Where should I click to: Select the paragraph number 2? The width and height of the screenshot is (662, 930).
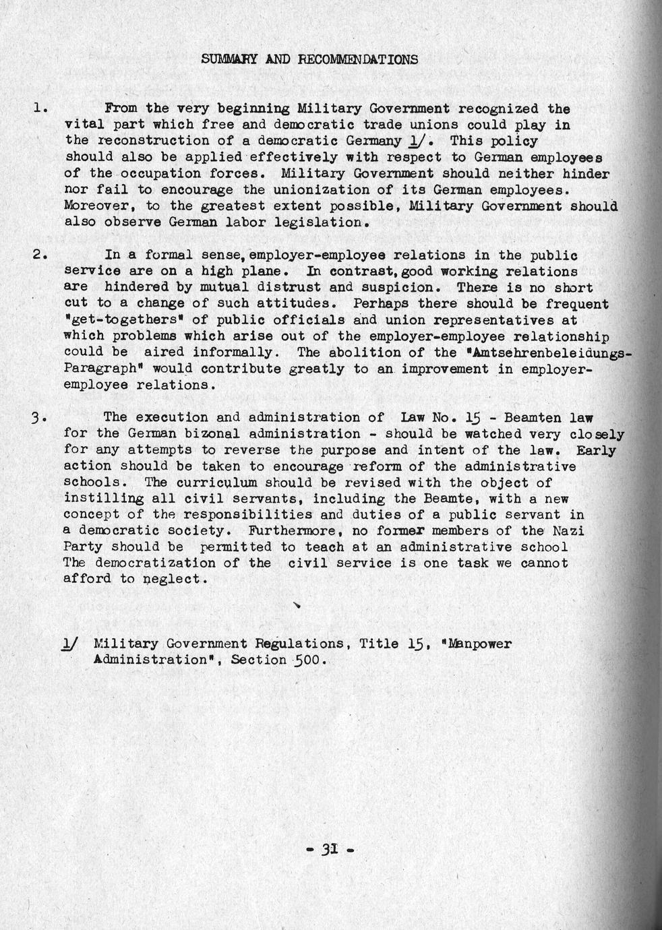[38, 255]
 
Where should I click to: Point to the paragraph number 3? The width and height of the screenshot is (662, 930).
[38, 418]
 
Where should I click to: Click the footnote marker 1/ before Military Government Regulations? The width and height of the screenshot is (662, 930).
[69, 644]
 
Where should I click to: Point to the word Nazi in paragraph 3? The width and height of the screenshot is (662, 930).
[568, 531]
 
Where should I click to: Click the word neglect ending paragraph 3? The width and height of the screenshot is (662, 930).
[174, 580]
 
